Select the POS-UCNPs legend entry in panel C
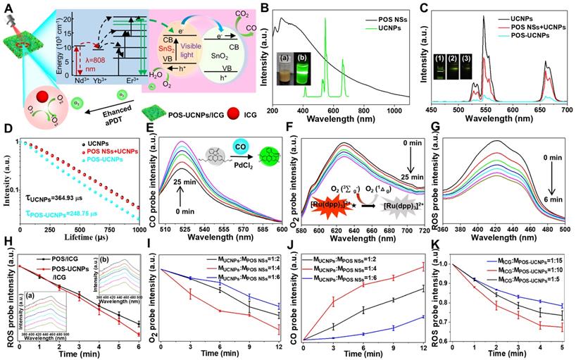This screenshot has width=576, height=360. coord(528,35)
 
